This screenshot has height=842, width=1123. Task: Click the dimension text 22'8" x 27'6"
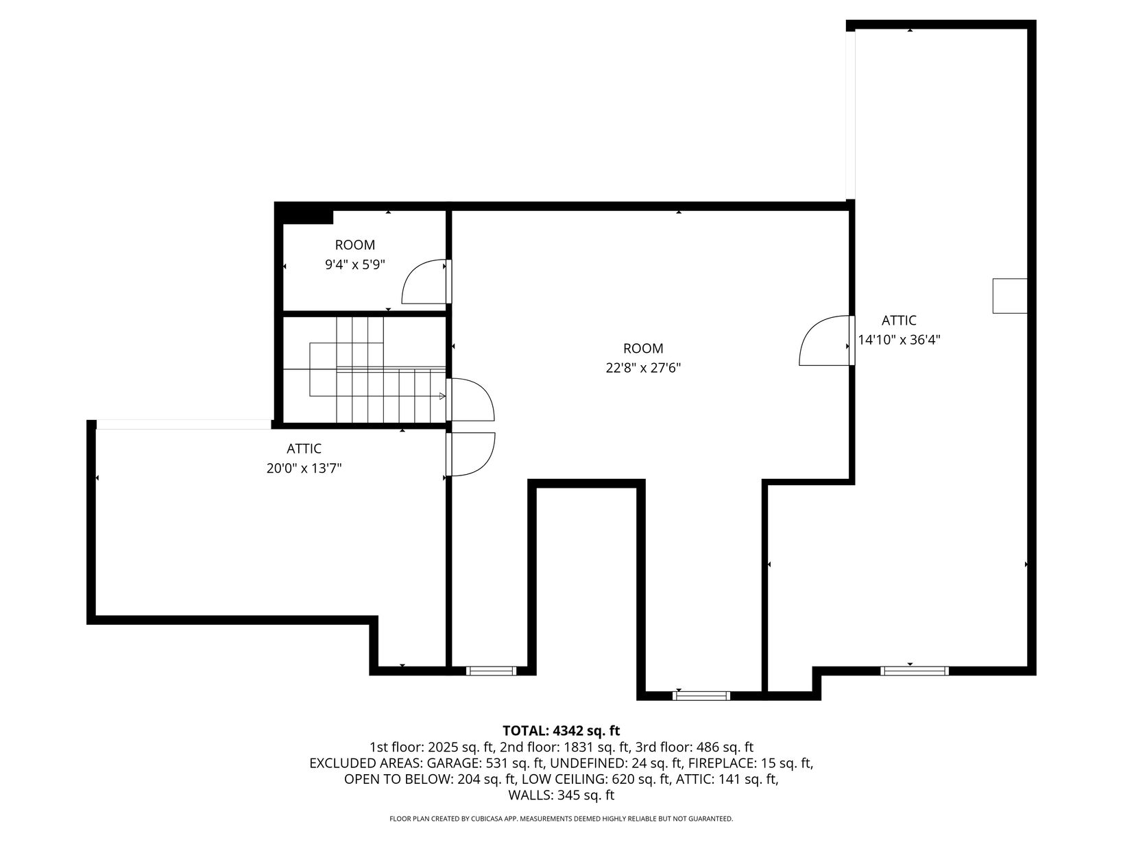(642, 368)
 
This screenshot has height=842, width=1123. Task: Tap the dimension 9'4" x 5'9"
(354, 265)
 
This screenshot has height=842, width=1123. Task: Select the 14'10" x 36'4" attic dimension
(899, 340)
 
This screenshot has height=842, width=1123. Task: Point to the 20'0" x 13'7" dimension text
(304, 469)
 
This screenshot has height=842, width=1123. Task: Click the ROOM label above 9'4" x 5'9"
(354, 245)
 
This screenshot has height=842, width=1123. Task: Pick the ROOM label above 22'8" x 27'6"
(642, 349)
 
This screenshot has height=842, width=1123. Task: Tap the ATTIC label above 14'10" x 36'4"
(899, 321)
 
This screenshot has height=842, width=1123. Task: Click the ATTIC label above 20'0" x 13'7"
(304, 449)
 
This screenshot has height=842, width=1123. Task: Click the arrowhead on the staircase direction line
(442, 396)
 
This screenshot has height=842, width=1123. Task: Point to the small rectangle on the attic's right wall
(1009, 296)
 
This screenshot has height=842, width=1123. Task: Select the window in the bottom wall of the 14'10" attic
(915, 671)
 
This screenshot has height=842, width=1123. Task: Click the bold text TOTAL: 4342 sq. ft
(561, 730)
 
